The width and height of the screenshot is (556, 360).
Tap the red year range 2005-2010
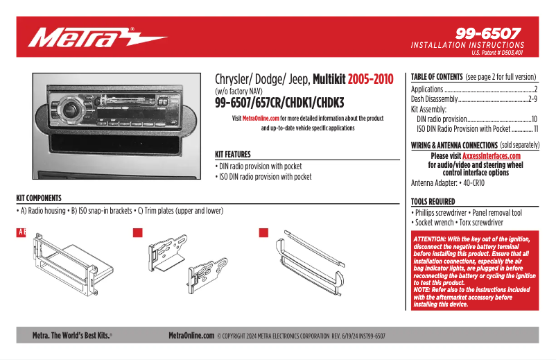tap(370, 79)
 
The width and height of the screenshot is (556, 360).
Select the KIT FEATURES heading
tap(233, 155)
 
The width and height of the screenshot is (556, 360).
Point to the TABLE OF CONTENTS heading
tap(437, 76)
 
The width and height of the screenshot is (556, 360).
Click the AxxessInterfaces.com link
tap(491, 157)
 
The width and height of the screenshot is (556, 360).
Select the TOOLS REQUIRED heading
tap(433, 202)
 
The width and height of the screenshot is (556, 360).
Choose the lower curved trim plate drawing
tap(313, 282)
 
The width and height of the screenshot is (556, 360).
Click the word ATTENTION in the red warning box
tap(431, 238)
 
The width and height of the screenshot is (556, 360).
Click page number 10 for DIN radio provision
tap(535, 119)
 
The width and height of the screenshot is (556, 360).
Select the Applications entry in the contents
tap(427, 89)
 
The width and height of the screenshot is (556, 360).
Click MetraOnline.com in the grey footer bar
tap(191, 336)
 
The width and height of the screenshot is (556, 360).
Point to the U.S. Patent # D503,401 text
tap(496, 53)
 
